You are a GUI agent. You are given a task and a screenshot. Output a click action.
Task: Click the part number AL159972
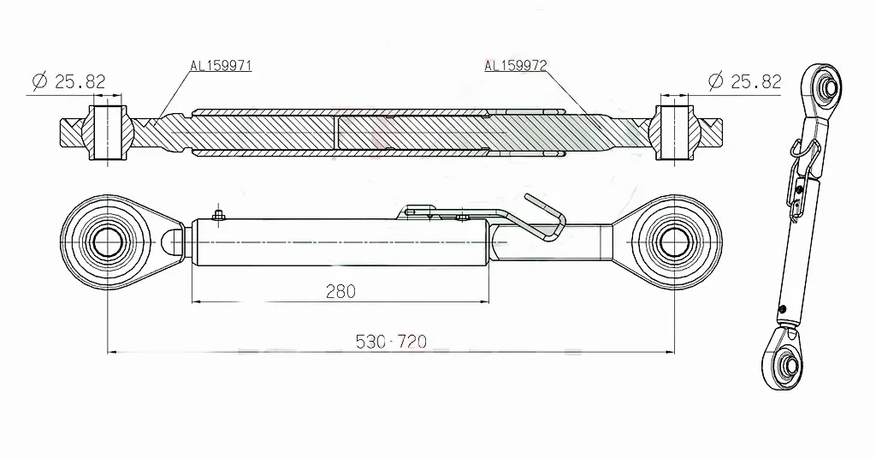516,65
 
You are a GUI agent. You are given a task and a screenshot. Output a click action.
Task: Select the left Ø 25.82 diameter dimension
68,82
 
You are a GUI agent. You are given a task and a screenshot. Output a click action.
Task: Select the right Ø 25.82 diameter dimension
745,82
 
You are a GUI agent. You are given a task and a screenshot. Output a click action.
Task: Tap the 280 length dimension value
340,291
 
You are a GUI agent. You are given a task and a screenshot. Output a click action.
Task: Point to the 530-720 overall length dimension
391,342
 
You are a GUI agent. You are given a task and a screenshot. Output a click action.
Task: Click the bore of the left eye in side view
106,241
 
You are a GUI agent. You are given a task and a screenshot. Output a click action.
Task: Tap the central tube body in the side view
342,242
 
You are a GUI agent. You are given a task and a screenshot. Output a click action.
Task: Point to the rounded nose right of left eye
174,242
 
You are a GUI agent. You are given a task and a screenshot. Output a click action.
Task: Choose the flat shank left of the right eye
590,241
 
